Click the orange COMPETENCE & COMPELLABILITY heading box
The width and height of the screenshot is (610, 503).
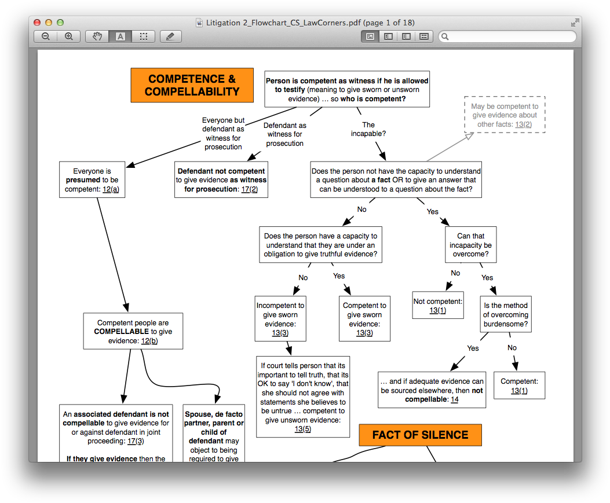coord(192,85)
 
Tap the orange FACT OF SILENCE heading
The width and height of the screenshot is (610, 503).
coord(420,435)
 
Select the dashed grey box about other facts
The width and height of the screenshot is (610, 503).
coord(504,115)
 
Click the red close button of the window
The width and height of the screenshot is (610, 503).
coord(37,23)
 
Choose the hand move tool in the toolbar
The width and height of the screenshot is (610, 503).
coord(97,36)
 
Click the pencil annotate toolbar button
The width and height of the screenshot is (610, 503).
coord(170,36)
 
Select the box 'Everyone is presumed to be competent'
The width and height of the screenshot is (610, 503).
coord(92,180)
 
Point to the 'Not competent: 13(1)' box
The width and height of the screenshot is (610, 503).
coord(438,306)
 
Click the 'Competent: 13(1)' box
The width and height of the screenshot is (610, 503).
coord(519,386)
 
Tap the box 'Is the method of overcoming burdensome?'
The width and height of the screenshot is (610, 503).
coord(506,315)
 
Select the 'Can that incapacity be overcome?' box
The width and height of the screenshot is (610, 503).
coord(470,245)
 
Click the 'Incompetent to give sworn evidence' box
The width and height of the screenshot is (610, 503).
coord(280,319)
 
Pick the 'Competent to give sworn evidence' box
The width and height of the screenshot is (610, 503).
coord(364,319)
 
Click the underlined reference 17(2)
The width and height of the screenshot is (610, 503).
coord(249,189)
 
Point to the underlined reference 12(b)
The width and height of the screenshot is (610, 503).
coord(149,341)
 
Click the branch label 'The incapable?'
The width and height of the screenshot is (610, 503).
coord(368,129)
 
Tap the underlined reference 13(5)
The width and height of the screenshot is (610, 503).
coord(303,429)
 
